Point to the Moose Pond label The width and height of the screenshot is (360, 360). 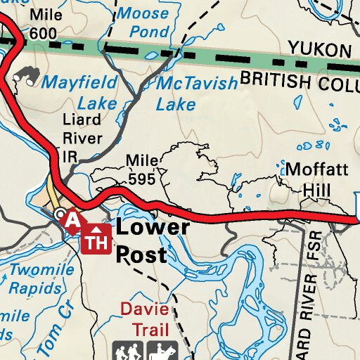pyautogui.click(x=145, y=22)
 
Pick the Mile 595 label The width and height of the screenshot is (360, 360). pyautogui.click(x=141, y=170)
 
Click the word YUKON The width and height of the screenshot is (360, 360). pyautogui.click(x=319, y=49)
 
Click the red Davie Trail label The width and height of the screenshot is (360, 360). pyautogui.click(x=145, y=319)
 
